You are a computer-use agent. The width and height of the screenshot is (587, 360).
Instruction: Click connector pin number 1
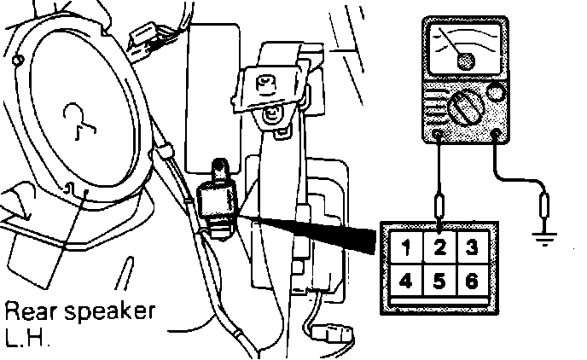click(408, 248)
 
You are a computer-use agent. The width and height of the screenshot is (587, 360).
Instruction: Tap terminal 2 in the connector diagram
click(439, 248)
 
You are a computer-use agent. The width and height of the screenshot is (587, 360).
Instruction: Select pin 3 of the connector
click(470, 248)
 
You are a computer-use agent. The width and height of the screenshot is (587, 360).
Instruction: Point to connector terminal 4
click(408, 279)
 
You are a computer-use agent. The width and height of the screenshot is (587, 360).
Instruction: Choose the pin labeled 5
click(439, 279)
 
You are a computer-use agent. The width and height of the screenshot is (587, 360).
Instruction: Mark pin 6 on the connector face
click(470, 279)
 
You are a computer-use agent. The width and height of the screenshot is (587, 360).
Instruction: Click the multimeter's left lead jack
click(438, 134)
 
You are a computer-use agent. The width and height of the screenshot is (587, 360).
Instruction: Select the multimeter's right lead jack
click(497, 133)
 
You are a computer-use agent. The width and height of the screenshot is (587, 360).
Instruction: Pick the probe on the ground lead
click(545, 206)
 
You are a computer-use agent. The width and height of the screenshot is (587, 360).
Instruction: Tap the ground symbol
click(546, 235)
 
